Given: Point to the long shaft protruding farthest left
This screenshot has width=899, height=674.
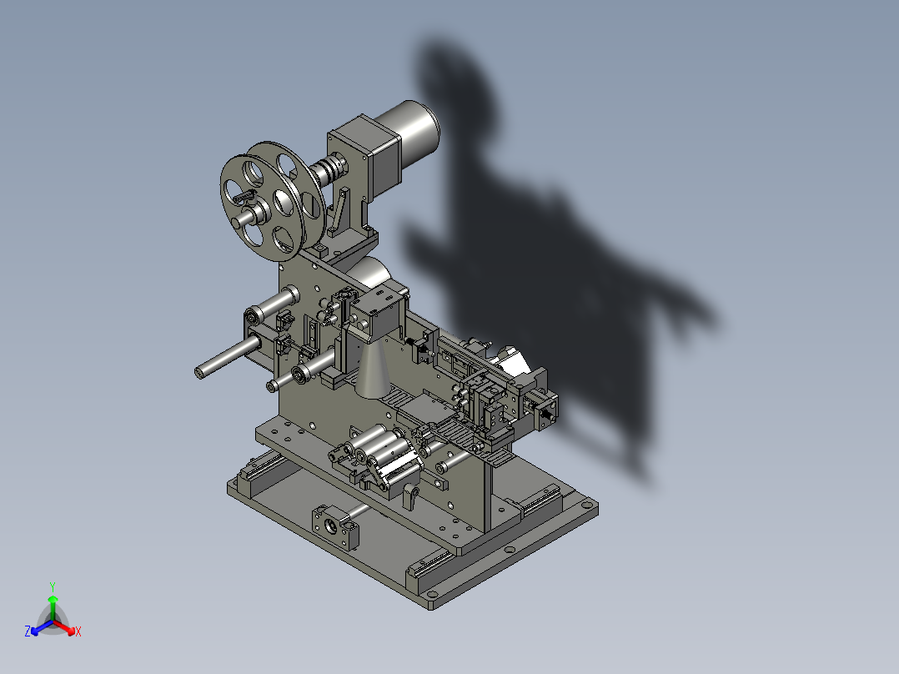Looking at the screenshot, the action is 228,357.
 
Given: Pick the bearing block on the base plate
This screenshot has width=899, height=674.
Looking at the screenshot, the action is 335,526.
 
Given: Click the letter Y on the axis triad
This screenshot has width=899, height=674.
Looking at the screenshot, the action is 53,586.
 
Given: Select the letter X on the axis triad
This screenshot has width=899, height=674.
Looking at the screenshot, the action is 78,631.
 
